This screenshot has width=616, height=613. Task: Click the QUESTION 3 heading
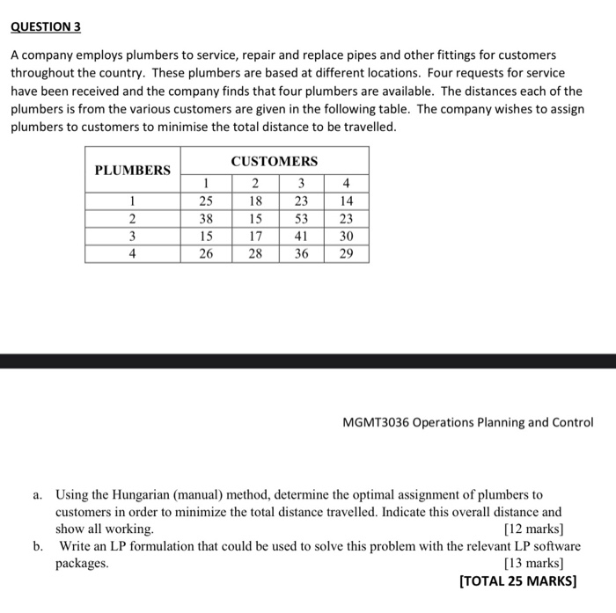point(46,26)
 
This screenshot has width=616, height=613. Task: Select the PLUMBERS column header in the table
point(132,170)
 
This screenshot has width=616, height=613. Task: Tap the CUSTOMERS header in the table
point(274,161)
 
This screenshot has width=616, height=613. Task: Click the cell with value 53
point(301,219)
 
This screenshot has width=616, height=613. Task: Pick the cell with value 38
point(205,219)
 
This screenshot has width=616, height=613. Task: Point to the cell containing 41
point(301,236)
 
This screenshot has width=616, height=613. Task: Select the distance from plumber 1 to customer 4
point(347,201)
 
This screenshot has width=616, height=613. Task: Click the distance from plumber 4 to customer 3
point(301,253)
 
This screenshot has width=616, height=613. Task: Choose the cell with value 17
point(253,236)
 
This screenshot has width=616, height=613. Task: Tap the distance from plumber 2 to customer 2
point(253,219)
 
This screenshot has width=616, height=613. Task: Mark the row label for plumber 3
point(132,236)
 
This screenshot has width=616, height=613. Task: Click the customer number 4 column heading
point(347,184)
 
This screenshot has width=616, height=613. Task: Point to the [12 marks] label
point(533,529)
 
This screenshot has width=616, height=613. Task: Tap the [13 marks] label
point(533,564)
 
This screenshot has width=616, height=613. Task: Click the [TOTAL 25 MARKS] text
point(518,581)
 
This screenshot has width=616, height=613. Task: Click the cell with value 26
point(205,253)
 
